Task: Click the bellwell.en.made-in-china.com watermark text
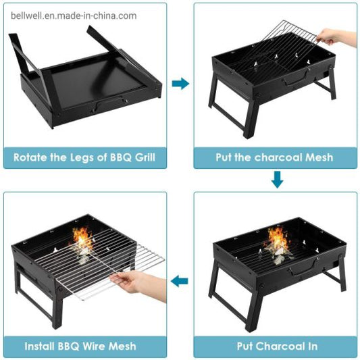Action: (x=69, y=16)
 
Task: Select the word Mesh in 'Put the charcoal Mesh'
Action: (x=317, y=157)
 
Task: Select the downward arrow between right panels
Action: (x=276, y=180)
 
